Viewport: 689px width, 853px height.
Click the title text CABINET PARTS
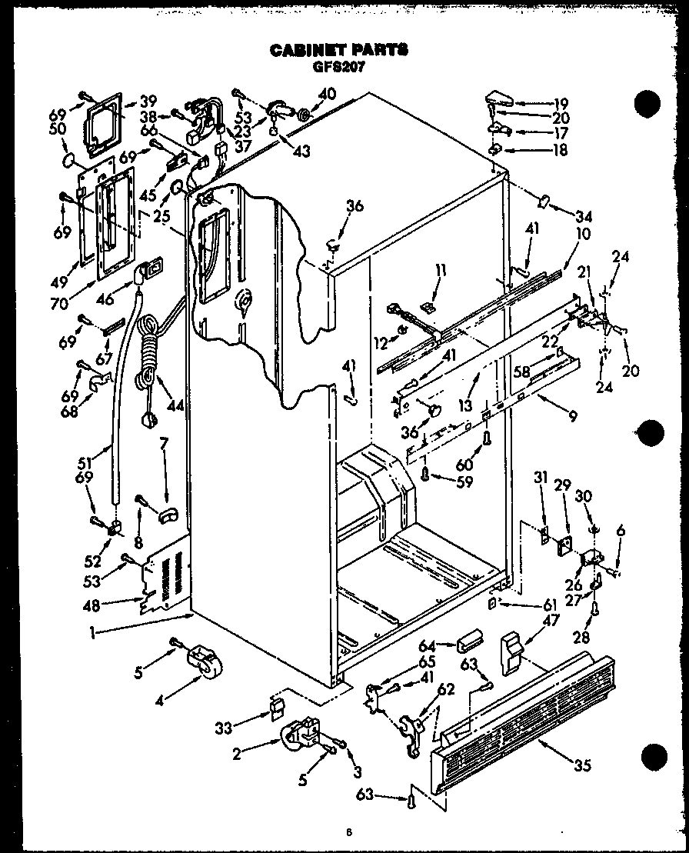coord(339,50)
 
